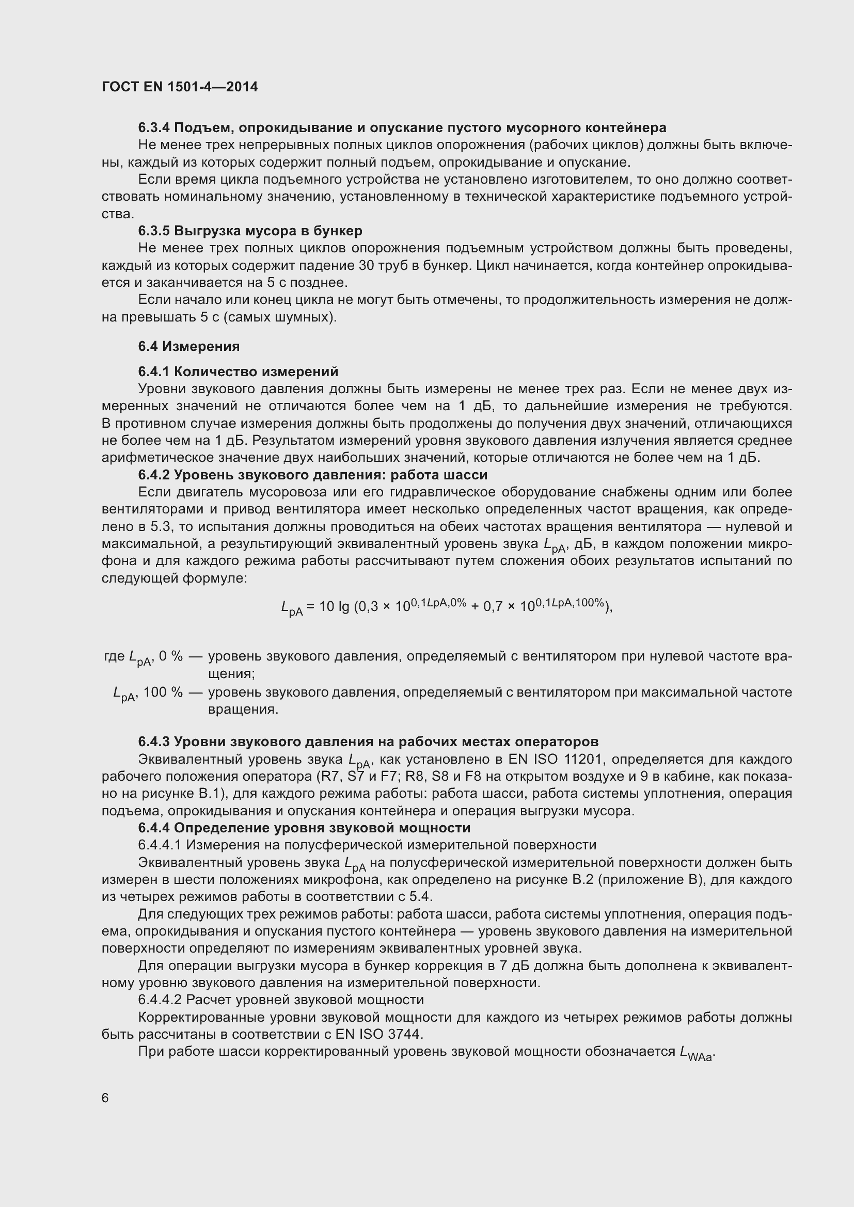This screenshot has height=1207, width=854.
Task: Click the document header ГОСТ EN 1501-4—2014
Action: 179,87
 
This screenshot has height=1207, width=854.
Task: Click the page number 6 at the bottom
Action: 105,1098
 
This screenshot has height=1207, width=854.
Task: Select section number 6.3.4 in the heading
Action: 154,128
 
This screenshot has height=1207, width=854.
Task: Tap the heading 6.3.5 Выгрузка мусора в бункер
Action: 250,231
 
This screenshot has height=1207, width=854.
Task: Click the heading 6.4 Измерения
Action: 189,346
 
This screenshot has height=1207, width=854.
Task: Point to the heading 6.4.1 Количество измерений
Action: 238,372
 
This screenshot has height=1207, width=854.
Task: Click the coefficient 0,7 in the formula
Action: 494,607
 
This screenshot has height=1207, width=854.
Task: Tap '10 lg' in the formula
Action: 334,607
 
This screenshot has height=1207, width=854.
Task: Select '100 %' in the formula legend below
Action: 163,693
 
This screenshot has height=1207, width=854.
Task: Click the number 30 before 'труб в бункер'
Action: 367,265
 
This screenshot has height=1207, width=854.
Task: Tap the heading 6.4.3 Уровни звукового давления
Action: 368,742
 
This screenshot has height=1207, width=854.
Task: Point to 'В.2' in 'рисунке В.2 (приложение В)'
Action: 582,879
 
